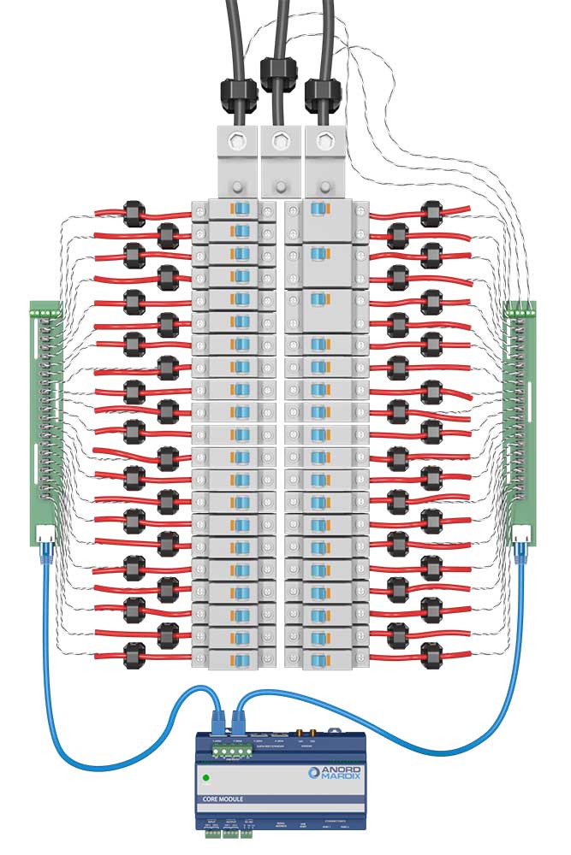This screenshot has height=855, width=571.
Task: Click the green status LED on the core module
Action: click(206, 778)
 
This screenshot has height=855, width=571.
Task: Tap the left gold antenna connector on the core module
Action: click(301, 734)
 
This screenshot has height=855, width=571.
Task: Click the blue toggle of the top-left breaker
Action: click(241, 210)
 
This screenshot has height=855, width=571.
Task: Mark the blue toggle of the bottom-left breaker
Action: click(241, 656)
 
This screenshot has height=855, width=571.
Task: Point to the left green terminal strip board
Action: click(45, 419)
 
